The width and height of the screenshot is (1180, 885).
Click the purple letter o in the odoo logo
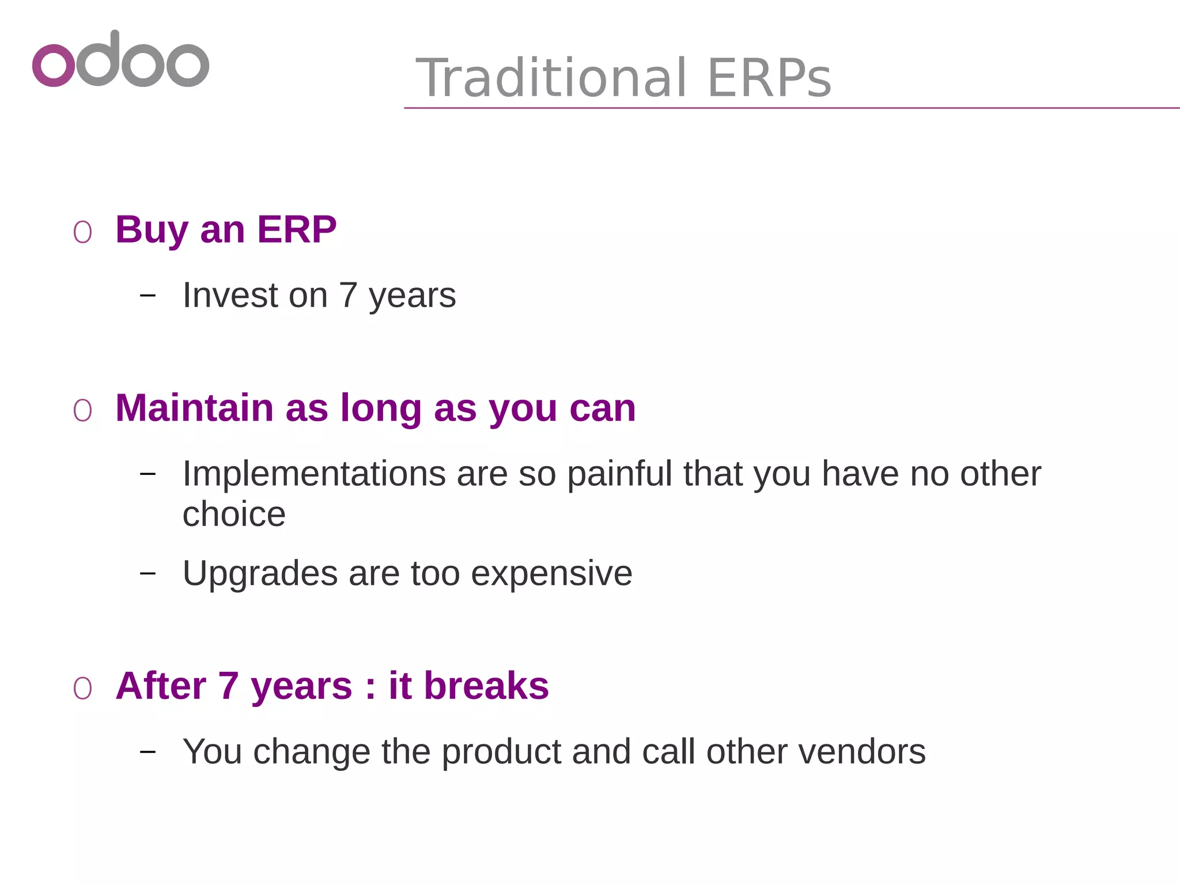(54, 65)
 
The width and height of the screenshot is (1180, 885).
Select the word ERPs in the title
(769, 78)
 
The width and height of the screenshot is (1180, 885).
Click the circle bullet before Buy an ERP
(82, 232)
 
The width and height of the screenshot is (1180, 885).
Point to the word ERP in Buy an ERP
(296, 229)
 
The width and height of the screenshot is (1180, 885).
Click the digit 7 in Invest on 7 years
(348, 295)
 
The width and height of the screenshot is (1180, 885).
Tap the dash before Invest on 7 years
(148, 296)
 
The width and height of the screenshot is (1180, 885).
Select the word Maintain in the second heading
(194, 408)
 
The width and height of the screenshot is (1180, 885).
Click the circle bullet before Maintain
(82, 411)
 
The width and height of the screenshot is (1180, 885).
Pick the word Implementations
(314, 474)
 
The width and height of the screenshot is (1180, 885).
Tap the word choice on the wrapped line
(234, 514)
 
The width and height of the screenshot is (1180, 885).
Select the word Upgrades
(260, 573)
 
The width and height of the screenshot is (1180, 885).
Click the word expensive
(551, 573)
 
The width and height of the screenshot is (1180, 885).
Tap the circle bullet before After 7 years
(82, 689)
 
